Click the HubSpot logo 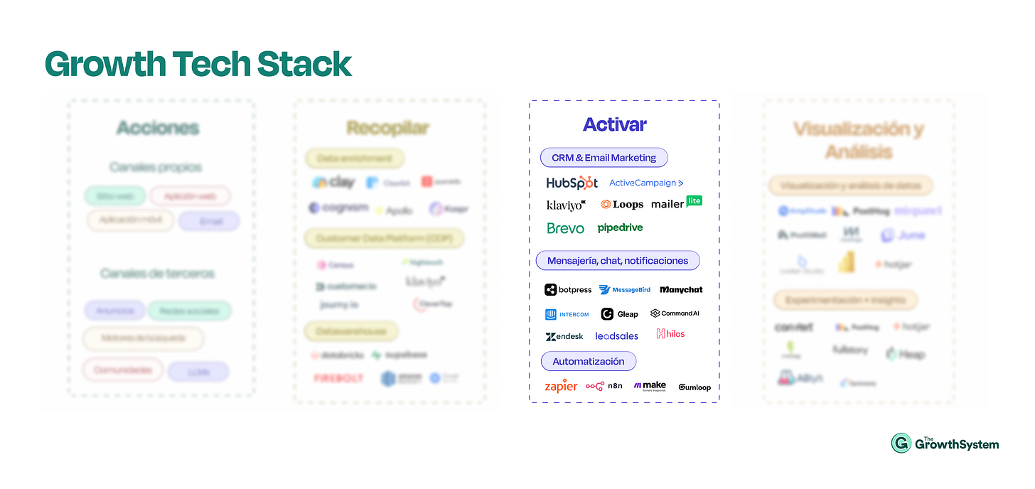[572, 183]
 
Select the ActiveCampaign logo [646, 183]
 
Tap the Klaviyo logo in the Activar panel [566, 205]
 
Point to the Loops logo [622, 205]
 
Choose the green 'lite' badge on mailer [694, 200]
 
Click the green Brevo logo [566, 228]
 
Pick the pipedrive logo [621, 228]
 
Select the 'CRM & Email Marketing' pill [604, 158]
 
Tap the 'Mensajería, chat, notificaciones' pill [618, 261]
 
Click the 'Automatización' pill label [589, 361]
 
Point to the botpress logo [568, 290]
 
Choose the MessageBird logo [625, 290]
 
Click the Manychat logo [681, 290]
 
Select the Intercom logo [567, 314]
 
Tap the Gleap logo [620, 314]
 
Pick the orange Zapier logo [561, 387]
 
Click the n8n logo [604, 386]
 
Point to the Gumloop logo [695, 387]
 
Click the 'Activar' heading [615, 124]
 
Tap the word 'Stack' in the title [304, 64]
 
